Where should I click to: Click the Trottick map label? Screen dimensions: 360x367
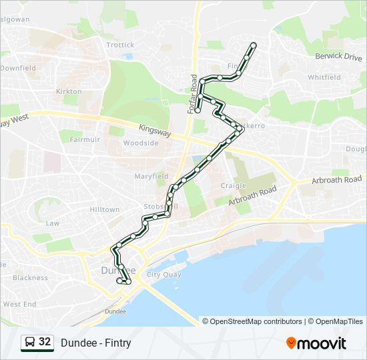pos(120,45)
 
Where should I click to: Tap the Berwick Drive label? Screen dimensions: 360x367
pos(338,57)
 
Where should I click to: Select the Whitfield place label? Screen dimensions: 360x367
pos(324,77)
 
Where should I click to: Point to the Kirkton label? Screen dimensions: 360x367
pos(69,91)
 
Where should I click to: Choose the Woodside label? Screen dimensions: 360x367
pos(140,143)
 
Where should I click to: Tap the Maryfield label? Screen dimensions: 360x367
pos(151,176)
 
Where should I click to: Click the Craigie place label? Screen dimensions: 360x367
pos(234,186)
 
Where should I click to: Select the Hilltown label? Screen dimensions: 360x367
pos(105,209)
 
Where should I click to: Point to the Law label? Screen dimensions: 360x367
pos(52,223)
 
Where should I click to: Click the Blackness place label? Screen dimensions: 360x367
pos(30,278)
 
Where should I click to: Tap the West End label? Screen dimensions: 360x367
pos(19,304)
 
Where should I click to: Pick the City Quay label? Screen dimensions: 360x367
pos(163,275)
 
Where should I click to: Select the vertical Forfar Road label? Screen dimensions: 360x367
pos(194,94)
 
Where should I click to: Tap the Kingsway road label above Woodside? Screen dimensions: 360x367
pos(155,131)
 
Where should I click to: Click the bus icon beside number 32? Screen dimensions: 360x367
pos(30,343)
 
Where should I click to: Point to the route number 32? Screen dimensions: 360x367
pos(45,342)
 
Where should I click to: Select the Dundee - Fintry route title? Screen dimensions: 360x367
pos(95,343)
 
